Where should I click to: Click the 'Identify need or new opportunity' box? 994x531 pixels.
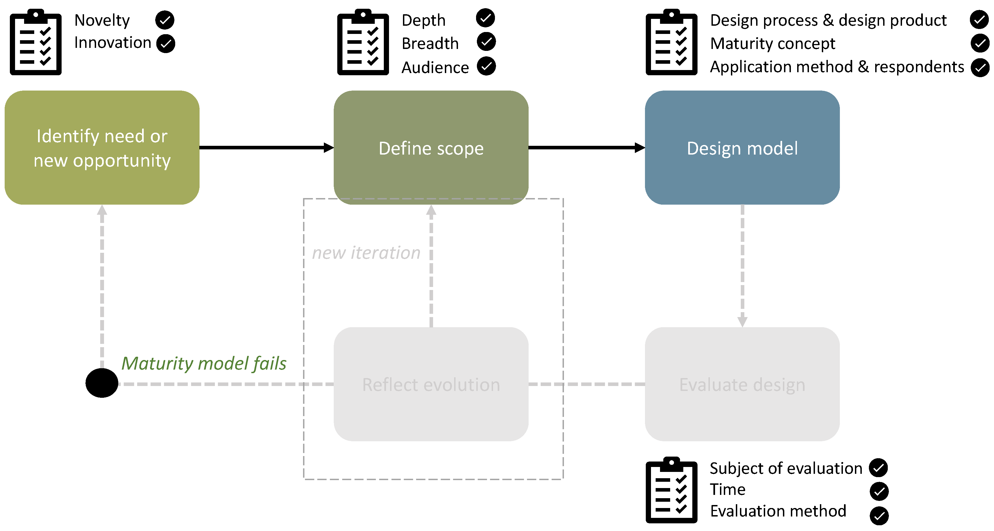[102, 148]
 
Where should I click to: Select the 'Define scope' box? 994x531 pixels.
[431, 148]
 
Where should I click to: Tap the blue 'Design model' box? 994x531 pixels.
[742, 148]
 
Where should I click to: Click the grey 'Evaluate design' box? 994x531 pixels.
[742, 384]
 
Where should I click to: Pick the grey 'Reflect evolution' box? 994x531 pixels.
[431, 384]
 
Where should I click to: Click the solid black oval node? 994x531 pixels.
[102, 383]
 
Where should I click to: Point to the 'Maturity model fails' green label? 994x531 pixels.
[204, 363]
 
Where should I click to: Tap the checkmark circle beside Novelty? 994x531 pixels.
[165, 20]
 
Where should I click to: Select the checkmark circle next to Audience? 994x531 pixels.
[486, 66]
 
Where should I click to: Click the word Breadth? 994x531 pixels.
[430, 43]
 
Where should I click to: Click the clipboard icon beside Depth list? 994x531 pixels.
[363, 42]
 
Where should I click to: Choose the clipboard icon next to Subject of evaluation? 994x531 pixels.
[672, 490]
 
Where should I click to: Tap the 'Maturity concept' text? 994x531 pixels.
[773, 43]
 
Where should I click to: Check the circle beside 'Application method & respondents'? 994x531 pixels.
[980, 68]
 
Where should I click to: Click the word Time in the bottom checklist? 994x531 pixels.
[727, 489]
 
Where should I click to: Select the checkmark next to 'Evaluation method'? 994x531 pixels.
[879, 516]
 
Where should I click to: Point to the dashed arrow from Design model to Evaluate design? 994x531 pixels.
[742, 266]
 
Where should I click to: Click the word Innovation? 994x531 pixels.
[113, 43]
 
